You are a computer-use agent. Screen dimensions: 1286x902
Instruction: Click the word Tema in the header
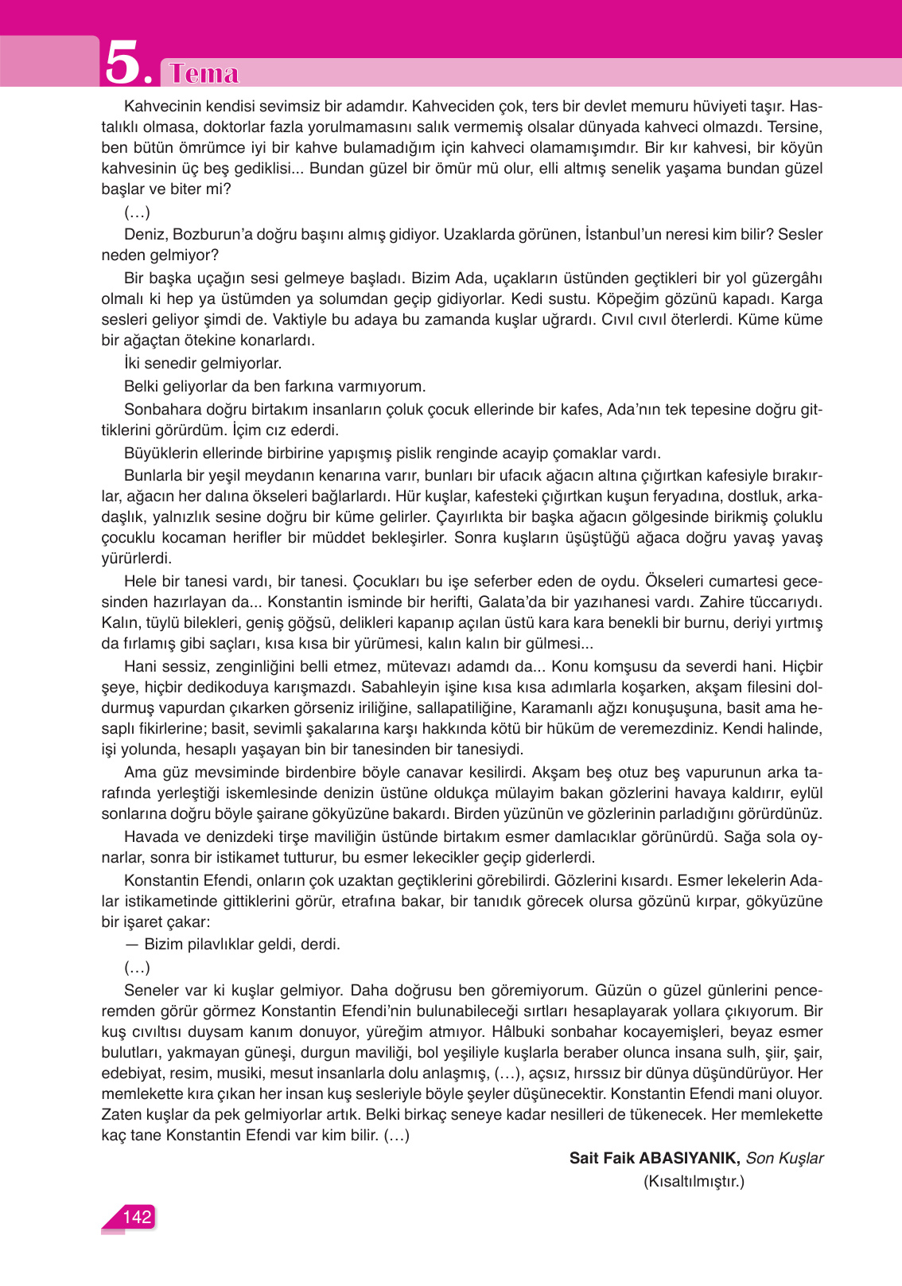(204, 73)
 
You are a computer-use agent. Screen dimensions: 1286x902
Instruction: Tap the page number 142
(136, 1217)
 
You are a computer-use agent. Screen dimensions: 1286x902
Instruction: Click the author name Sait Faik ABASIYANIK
(655, 1158)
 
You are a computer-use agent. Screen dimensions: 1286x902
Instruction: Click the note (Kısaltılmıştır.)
(694, 1181)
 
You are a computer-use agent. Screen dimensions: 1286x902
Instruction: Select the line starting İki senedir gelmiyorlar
(203, 363)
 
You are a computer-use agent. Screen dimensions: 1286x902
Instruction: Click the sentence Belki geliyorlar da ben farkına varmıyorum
(274, 386)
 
